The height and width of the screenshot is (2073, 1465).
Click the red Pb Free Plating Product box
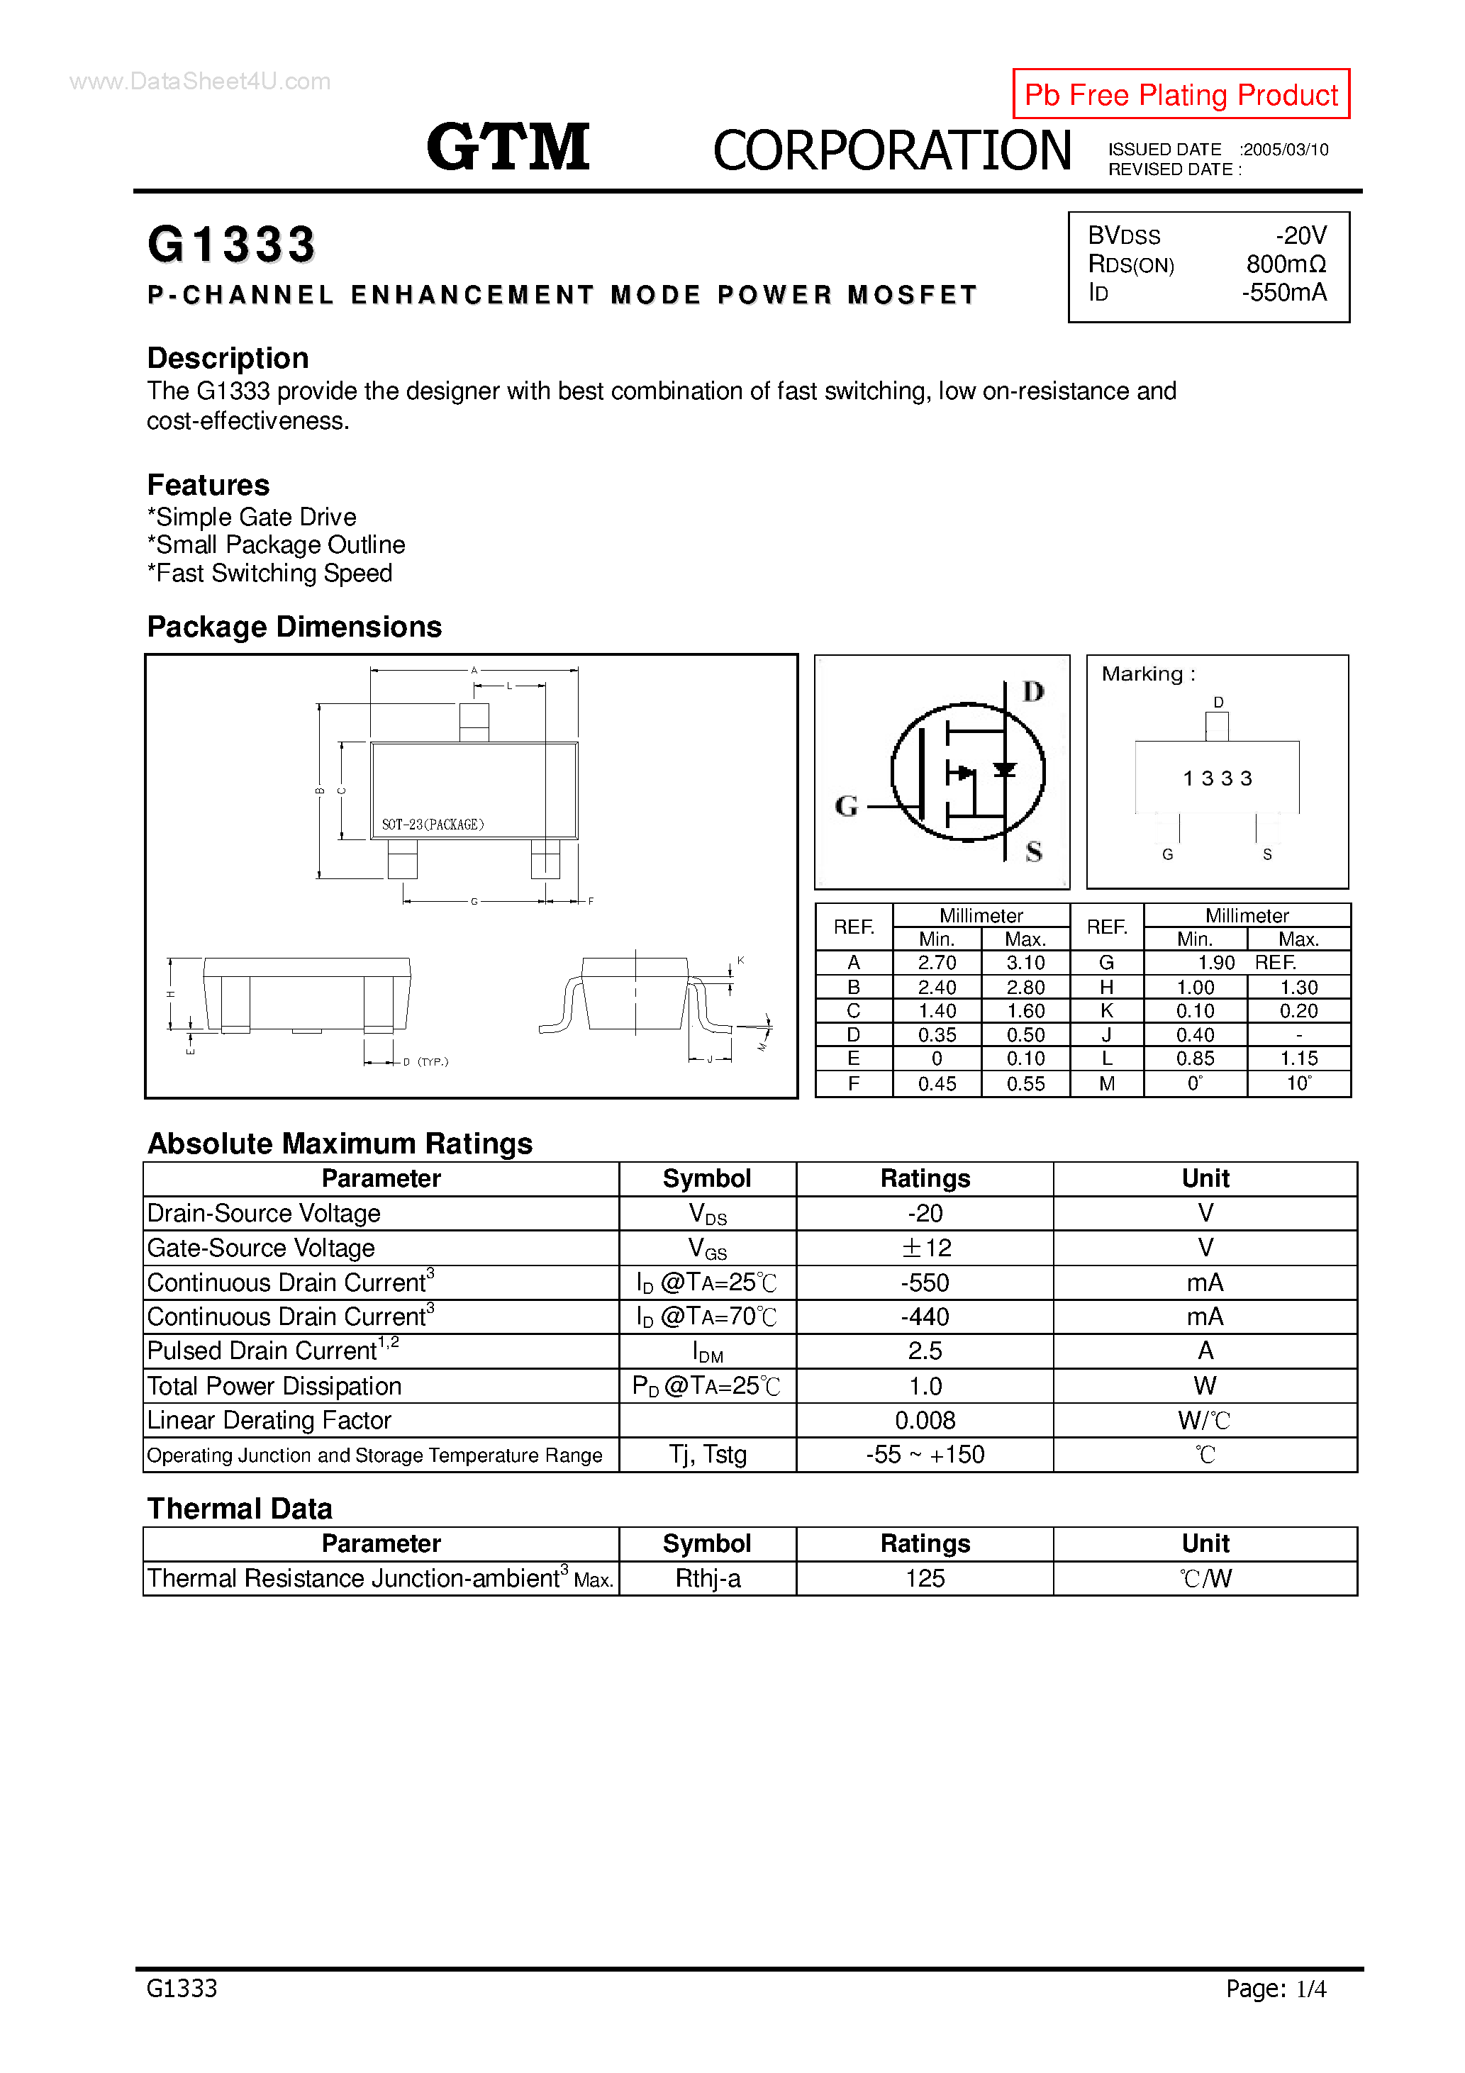pos(1181,94)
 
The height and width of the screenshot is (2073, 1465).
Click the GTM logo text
pos(508,147)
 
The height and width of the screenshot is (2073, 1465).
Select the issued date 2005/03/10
pos(1284,150)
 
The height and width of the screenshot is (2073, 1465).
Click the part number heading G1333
pos(231,245)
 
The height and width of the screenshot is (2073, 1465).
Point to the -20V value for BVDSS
pos(1300,235)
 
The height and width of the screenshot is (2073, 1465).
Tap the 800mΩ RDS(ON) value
pos(1286,264)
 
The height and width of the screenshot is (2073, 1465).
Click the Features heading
pos(208,485)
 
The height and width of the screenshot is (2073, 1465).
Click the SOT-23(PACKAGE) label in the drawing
pos(433,825)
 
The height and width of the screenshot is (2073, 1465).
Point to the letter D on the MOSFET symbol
pos(1033,692)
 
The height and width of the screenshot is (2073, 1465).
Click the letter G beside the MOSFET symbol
pos(846,805)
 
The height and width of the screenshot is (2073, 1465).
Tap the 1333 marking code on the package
pos(1218,778)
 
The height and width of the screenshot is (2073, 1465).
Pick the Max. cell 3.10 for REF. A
pos(1025,963)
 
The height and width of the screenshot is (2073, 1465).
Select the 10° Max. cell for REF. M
pos(1298,1083)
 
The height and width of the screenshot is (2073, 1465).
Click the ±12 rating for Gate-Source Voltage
pos(925,1248)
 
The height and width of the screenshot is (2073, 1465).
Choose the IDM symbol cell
pos(707,1351)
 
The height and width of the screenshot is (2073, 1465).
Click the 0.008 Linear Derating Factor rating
pos(925,1420)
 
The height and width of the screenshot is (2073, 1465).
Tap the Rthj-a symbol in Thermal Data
pos(707,1578)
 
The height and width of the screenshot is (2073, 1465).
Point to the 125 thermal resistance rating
pos(925,1578)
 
